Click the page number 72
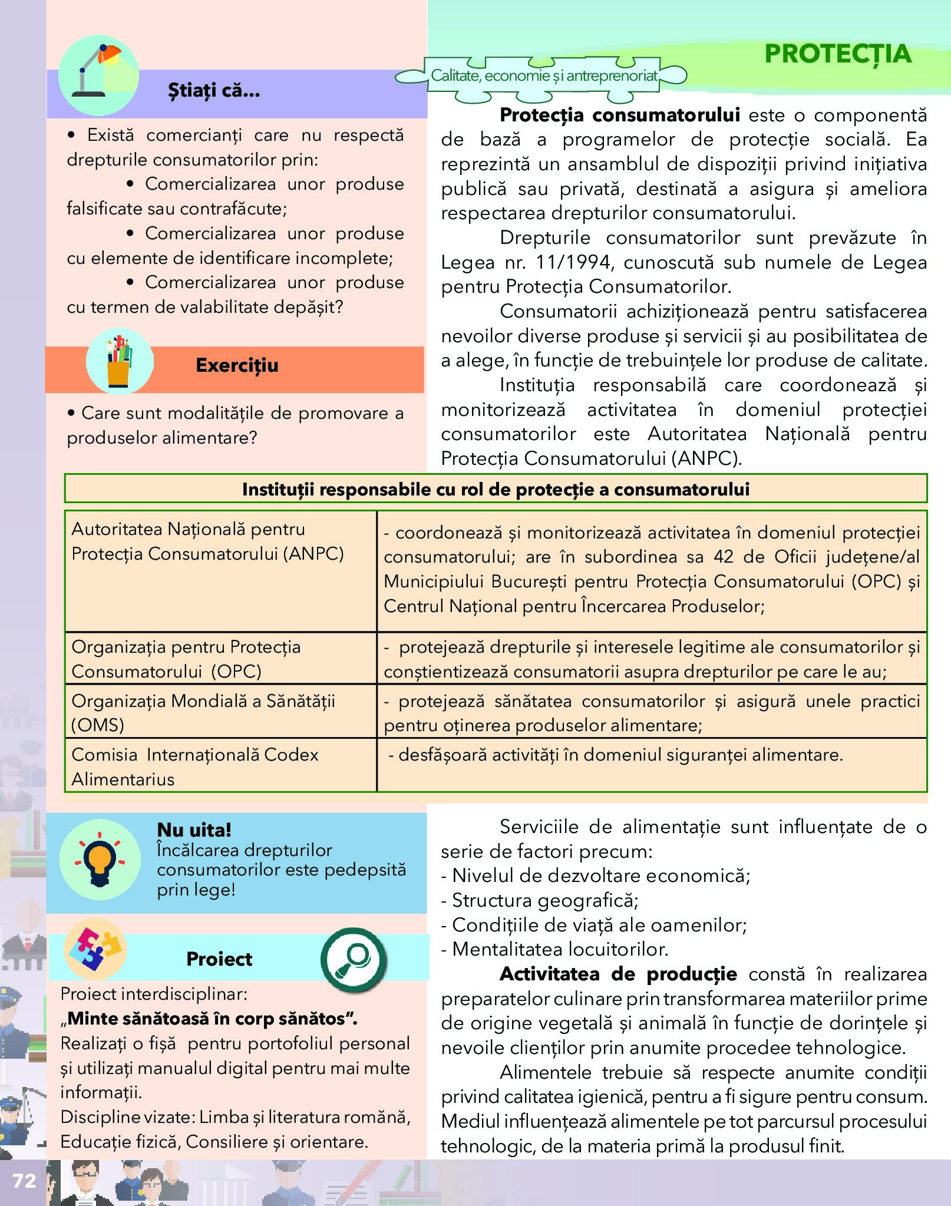click(x=24, y=1180)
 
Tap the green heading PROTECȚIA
click(x=837, y=54)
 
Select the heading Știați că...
click(x=214, y=91)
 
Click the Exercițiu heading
click(x=237, y=365)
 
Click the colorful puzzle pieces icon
click(x=94, y=949)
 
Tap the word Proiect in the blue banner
click(x=219, y=959)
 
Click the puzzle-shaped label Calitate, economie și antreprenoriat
click(x=543, y=76)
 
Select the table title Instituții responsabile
click(x=496, y=490)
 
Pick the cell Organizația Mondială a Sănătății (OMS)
click(x=203, y=712)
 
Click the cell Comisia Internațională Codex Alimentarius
click(x=195, y=766)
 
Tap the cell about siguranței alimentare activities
click(x=616, y=755)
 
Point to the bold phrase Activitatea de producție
click(x=618, y=974)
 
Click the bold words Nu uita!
click(x=194, y=830)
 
